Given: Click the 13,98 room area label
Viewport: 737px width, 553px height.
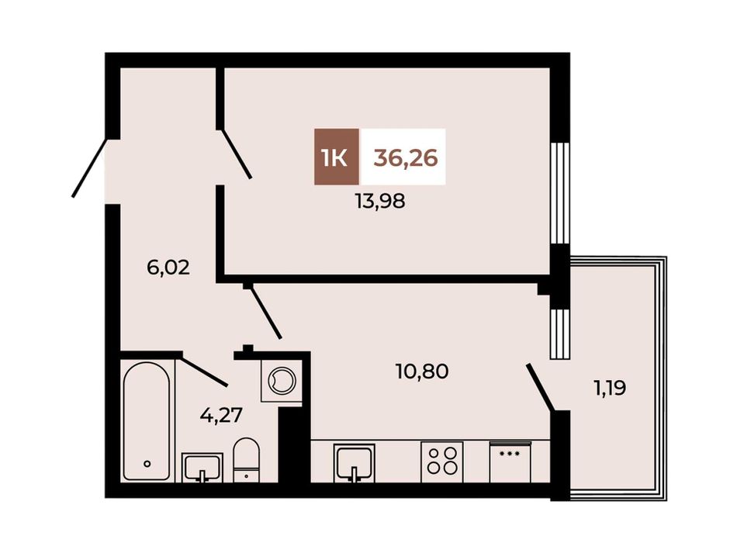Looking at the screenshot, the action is [x=380, y=202].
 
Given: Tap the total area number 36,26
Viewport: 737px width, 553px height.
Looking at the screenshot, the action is [x=406, y=157].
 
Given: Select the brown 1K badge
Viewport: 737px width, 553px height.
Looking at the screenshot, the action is [x=337, y=157].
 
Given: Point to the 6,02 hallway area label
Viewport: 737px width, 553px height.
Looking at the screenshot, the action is [x=168, y=268].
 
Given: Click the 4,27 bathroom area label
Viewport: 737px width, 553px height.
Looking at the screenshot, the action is [x=221, y=416].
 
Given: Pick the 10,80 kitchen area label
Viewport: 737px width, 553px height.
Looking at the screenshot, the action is [x=422, y=372].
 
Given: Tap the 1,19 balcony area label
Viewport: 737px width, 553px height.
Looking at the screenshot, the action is [x=610, y=389].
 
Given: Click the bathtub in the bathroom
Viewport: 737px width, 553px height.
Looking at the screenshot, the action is [x=147, y=420].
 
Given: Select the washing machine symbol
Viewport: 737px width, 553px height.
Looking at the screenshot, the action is [x=281, y=377].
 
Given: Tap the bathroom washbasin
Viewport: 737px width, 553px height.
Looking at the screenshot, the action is [x=202, y=467].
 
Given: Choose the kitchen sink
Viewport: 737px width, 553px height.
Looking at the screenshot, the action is [x=355, y=463].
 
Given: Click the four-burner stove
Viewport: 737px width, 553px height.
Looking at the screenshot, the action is [x=442, y=461].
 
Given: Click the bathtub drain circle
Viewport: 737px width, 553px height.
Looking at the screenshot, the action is [x=147, y=464].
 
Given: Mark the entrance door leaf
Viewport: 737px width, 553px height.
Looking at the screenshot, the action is [x=90, y=167].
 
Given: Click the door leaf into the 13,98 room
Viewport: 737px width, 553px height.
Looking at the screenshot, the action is [x=237, y=154].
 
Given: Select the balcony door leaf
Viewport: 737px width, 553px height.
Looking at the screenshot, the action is [x=541, y=387].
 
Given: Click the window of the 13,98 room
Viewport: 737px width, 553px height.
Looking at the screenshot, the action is [x=560, y=193].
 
